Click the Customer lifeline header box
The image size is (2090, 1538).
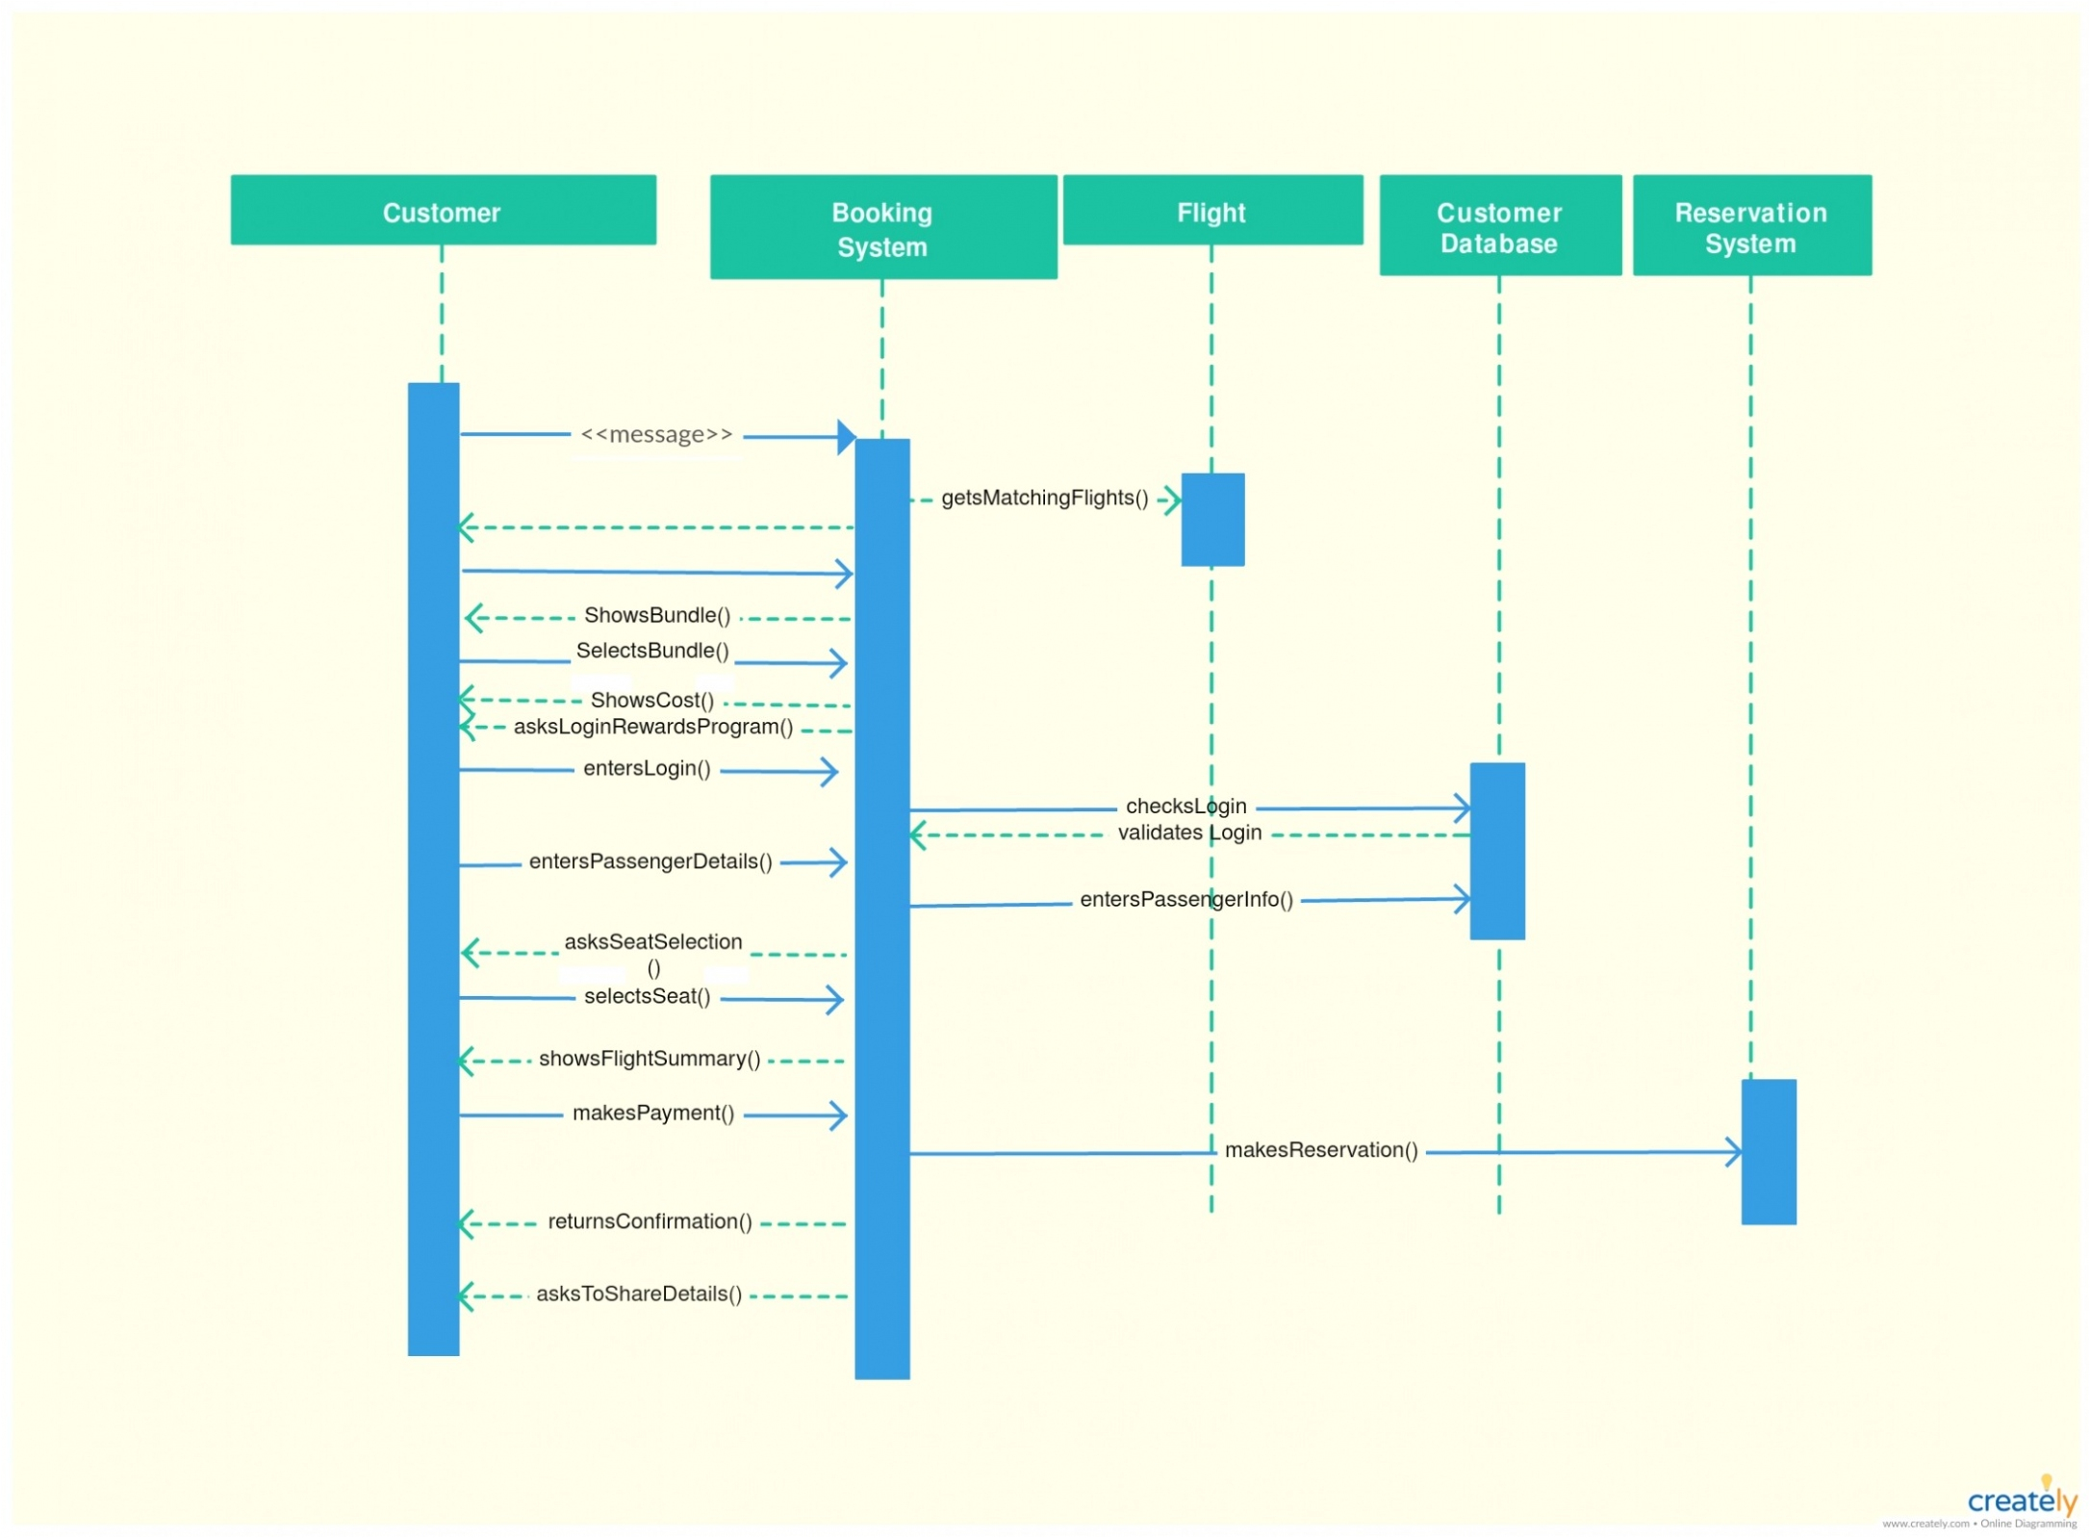click(443, 210)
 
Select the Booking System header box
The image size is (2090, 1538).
click(882, 227)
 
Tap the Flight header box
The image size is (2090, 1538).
click(1211, 210)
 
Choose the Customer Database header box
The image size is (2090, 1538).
click(1498, 225)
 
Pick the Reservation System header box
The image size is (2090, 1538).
click(1750, 225)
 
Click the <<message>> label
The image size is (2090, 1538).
click(656, 434)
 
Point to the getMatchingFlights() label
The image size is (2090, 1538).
click(1044, 498)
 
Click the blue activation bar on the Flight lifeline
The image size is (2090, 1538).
click(1212, 519)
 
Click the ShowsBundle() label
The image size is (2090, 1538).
click(657, 614)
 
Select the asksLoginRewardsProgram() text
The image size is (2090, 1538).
click(653, 726)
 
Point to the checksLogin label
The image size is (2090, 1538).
click(1185, 805)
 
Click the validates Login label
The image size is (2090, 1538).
click(1188, 832)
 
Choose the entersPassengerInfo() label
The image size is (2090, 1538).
click(1185, 898)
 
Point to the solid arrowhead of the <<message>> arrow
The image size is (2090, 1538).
click(846, 436)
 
